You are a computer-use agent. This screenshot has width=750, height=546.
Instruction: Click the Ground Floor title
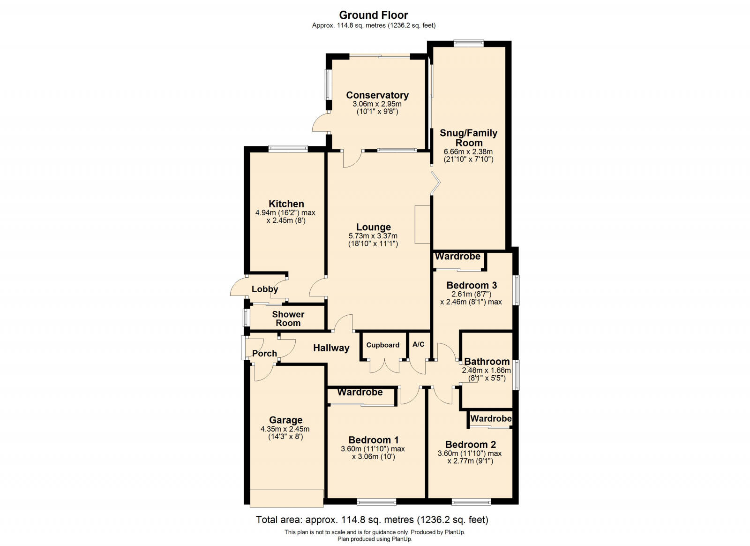374,15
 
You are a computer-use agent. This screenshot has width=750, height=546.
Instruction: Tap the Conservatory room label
377,95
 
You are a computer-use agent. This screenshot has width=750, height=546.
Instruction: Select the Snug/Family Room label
468,138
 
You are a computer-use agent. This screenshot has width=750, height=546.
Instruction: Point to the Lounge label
373,227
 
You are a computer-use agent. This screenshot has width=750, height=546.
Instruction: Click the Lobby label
264,289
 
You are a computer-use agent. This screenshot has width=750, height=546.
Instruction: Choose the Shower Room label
288,318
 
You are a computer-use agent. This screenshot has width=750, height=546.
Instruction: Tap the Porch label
264,353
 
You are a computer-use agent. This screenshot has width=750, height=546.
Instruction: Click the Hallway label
331,348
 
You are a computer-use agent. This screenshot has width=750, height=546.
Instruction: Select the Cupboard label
382,345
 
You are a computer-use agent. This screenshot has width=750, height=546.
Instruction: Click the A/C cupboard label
418,344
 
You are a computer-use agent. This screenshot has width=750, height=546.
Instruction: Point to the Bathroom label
487,361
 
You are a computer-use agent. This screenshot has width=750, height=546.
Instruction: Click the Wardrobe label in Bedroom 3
457,257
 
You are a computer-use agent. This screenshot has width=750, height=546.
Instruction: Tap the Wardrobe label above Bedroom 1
360,392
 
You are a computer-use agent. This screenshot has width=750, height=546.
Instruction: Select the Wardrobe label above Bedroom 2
491,418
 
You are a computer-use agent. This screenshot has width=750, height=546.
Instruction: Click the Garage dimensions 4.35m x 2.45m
285,429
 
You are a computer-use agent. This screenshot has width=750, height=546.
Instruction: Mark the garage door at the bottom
286,497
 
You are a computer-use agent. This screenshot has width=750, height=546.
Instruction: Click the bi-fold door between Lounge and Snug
436,183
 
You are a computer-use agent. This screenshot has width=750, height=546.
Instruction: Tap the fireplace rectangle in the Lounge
422,224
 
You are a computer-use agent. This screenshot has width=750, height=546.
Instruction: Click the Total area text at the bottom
372,520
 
